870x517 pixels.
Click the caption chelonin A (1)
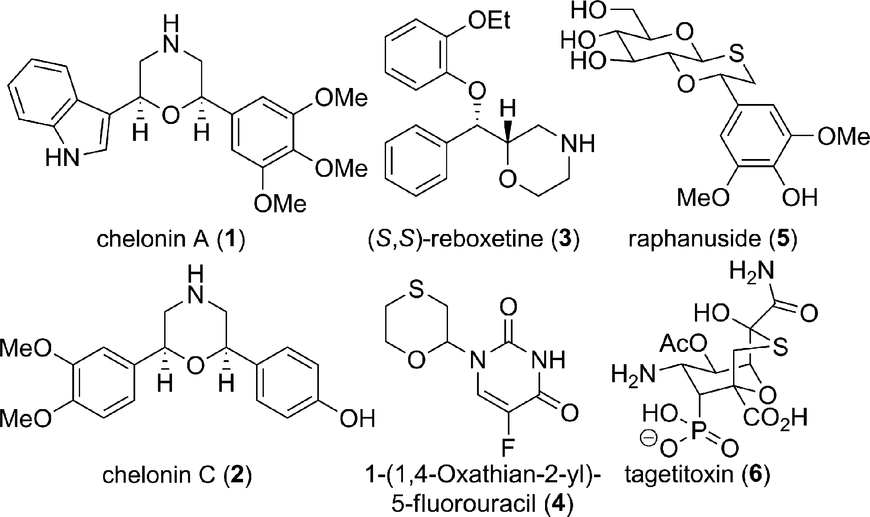(171, 239)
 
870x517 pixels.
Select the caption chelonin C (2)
(177, 475)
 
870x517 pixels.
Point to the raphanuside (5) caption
(713, 239)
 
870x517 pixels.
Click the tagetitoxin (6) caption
(698, 475)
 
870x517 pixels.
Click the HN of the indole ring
(63, 159)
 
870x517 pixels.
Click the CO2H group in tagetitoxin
(776, 419)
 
